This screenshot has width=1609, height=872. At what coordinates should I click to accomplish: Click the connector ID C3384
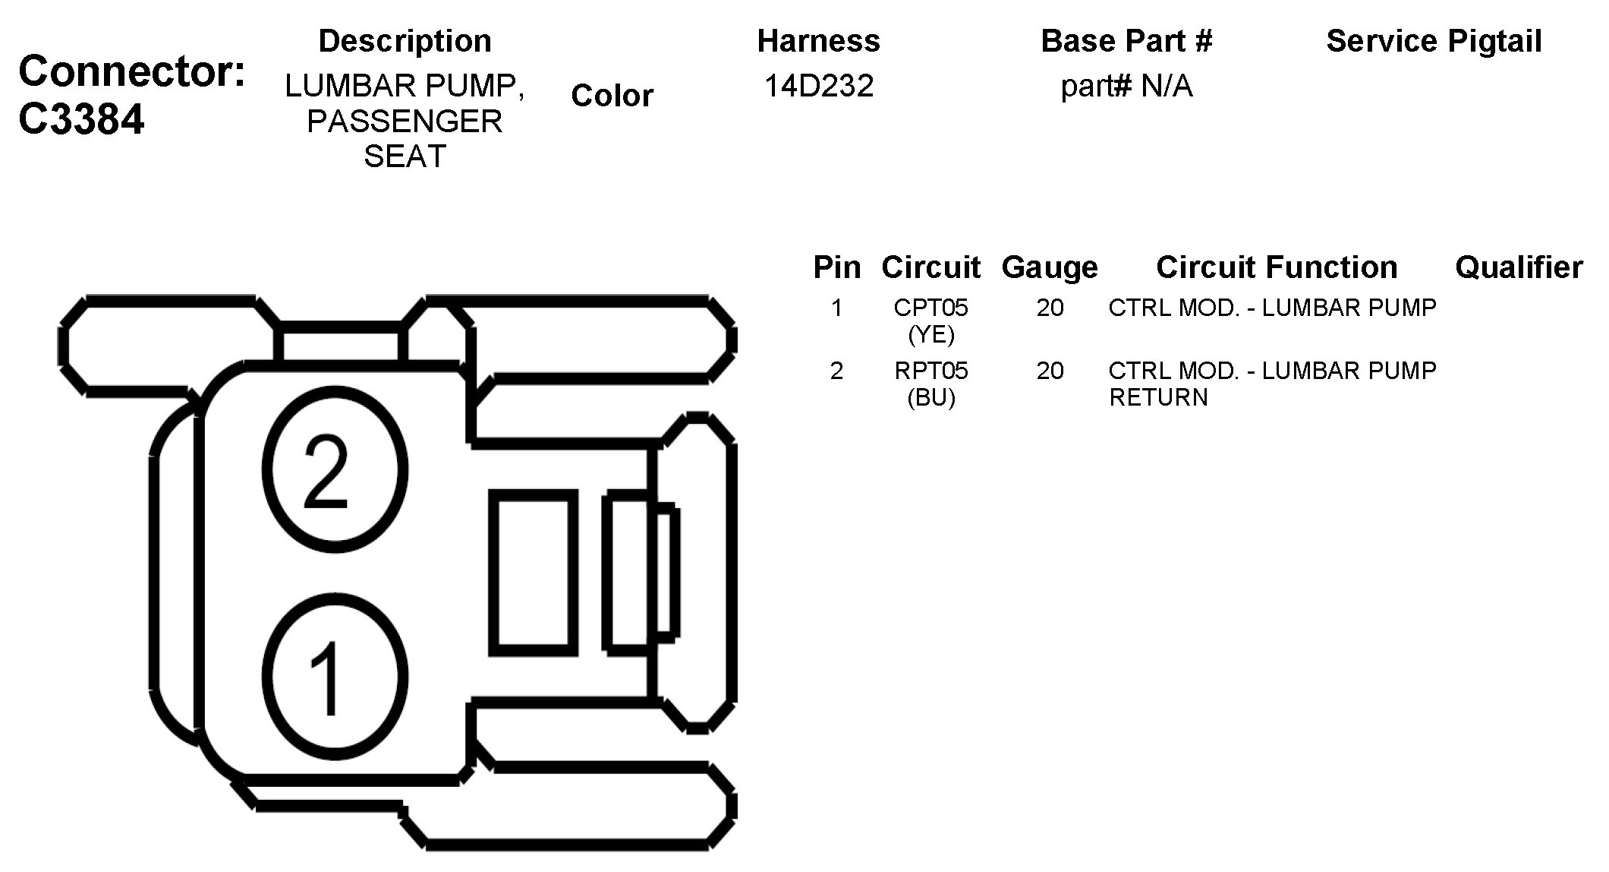click(x=81, y=119)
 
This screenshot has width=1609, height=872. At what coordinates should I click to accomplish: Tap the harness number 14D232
click(x=818, y=86)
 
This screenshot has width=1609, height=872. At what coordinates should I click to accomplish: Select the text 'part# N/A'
click(x=1126, y=86)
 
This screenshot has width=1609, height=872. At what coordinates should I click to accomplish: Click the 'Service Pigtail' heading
click(x=1434, y=41)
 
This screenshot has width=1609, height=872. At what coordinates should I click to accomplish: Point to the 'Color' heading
click(x=612, y=96)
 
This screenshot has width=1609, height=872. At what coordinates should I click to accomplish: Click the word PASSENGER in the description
click(x=405, y=122)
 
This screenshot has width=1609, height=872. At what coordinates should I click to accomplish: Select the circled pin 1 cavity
click(x=335, y=677)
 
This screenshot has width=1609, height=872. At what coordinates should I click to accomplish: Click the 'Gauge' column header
click(x=1050, y=267)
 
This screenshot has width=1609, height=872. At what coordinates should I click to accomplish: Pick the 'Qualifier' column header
click(x=1519, y=267)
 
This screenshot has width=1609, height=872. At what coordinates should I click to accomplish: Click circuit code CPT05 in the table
click(x=931, y=308)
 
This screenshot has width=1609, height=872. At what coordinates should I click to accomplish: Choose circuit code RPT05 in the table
click(x=931, y=371)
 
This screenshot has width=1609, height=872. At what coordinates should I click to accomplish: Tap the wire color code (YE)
click(x=931, y=334)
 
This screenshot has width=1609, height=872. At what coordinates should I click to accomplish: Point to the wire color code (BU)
click(x=931, y=397)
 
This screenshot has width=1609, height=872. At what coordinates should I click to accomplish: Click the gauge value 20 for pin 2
click(x=1050, y=371)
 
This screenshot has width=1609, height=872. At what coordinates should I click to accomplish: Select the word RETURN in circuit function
click(x=1158, y=397)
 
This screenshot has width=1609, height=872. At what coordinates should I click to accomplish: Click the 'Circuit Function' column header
click(x=1277, y=267)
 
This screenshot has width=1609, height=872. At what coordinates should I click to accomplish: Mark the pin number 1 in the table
click(x=836, y=308)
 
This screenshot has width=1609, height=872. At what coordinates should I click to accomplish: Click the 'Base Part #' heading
click(x=1126, y=41)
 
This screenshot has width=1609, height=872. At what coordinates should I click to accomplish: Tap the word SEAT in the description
click(x=405, y=156)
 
